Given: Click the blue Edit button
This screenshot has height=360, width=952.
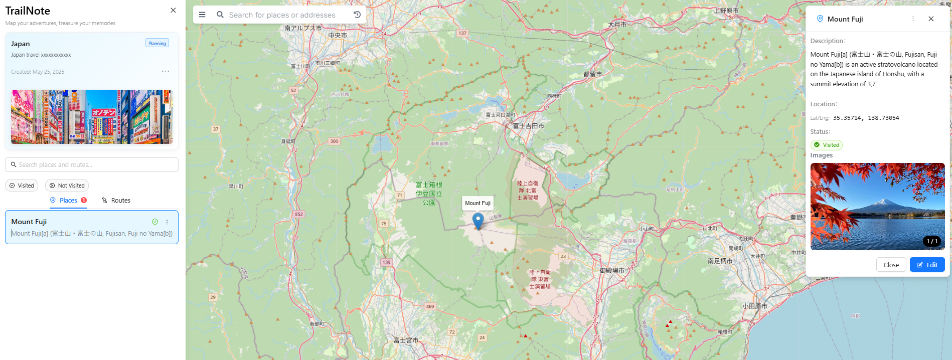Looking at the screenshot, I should pyautogui.click(x=927, y=265).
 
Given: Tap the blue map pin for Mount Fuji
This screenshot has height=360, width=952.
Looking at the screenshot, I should pyautogui.click(x=478, y=220).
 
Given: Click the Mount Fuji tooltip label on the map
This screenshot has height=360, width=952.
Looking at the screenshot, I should pyautogui.click(x=478, y=203).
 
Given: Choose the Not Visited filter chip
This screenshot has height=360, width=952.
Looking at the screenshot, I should pyautogui.click(x=67, y=186).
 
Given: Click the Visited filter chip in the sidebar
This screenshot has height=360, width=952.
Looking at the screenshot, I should pyautogui.click(x=22, y=186).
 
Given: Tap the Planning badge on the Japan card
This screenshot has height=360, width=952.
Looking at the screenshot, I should pyautogui.click(x=157, y=44).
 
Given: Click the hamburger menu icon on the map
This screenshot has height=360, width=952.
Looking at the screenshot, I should pyautogui.click(x=202, y=15).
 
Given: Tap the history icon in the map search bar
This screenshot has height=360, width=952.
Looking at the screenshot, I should pyautogui.click(x=357, y=15).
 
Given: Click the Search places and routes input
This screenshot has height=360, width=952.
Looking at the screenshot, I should pyautogui.click(x=92, y=164).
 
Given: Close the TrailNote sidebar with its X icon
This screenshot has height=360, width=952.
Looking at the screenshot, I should pyautogui.click(x=173, y=10).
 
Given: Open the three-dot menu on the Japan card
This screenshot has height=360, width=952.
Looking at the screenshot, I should pyautogui.click(x=166, y=71).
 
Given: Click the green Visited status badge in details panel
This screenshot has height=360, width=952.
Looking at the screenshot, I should pyautogui.click(x=827, y=145).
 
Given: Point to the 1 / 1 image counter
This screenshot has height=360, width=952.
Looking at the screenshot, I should pyautogui.click(x=932, y=241).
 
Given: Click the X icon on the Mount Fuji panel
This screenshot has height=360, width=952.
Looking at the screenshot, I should pyautogui.click(x=931, y=19).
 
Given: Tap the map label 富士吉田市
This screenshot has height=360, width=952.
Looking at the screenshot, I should pyautogui.click(x=528, y=126).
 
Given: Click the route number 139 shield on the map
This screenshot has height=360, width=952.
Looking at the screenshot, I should pyautogui.click(x=386, y=262).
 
